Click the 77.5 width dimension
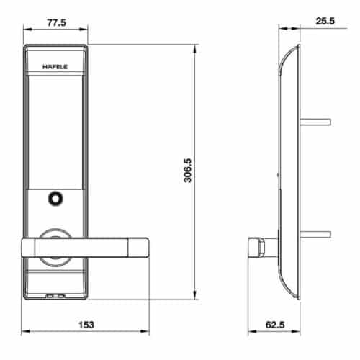pyautogui.click(x=55, y=22)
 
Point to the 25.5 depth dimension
pyautogui.click(x=325, y=22)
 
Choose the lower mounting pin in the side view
pyautogui.click(x=317, y=234)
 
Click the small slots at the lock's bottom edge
pyautogui.click(x=55, y=295)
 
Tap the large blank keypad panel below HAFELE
pyautogui.click(x=55, y=130)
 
